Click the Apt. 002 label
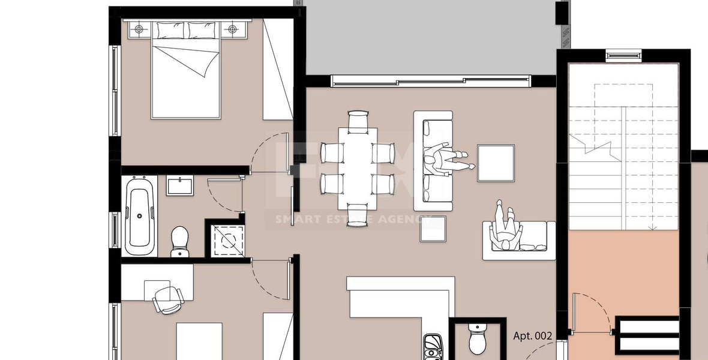(x=532, y=336)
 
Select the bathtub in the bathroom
(x=140, y=215)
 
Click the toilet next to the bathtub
(x=179, y=241)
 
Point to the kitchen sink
(x=433, y=346)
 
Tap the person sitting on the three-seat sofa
(x=445, y=160)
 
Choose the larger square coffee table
(x=496, y=163)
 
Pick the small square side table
(x=433, y=228)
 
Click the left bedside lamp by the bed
(x=139, y=28)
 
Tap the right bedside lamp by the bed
(x=232, y=28)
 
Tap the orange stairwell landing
(x=624, y=276)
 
